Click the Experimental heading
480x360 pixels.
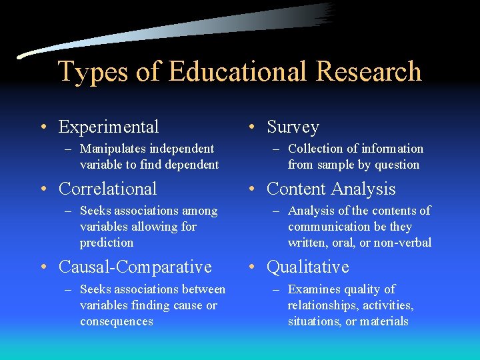point(109,127)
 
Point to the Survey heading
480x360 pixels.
point(293,127)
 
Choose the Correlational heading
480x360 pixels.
point(108,189)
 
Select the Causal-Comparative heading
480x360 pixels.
point(135,267)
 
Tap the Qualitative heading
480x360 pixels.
point(308,267)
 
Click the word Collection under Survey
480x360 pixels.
point(317,149)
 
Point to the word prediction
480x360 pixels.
point(107,243)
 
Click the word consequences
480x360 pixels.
point(117,321)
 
